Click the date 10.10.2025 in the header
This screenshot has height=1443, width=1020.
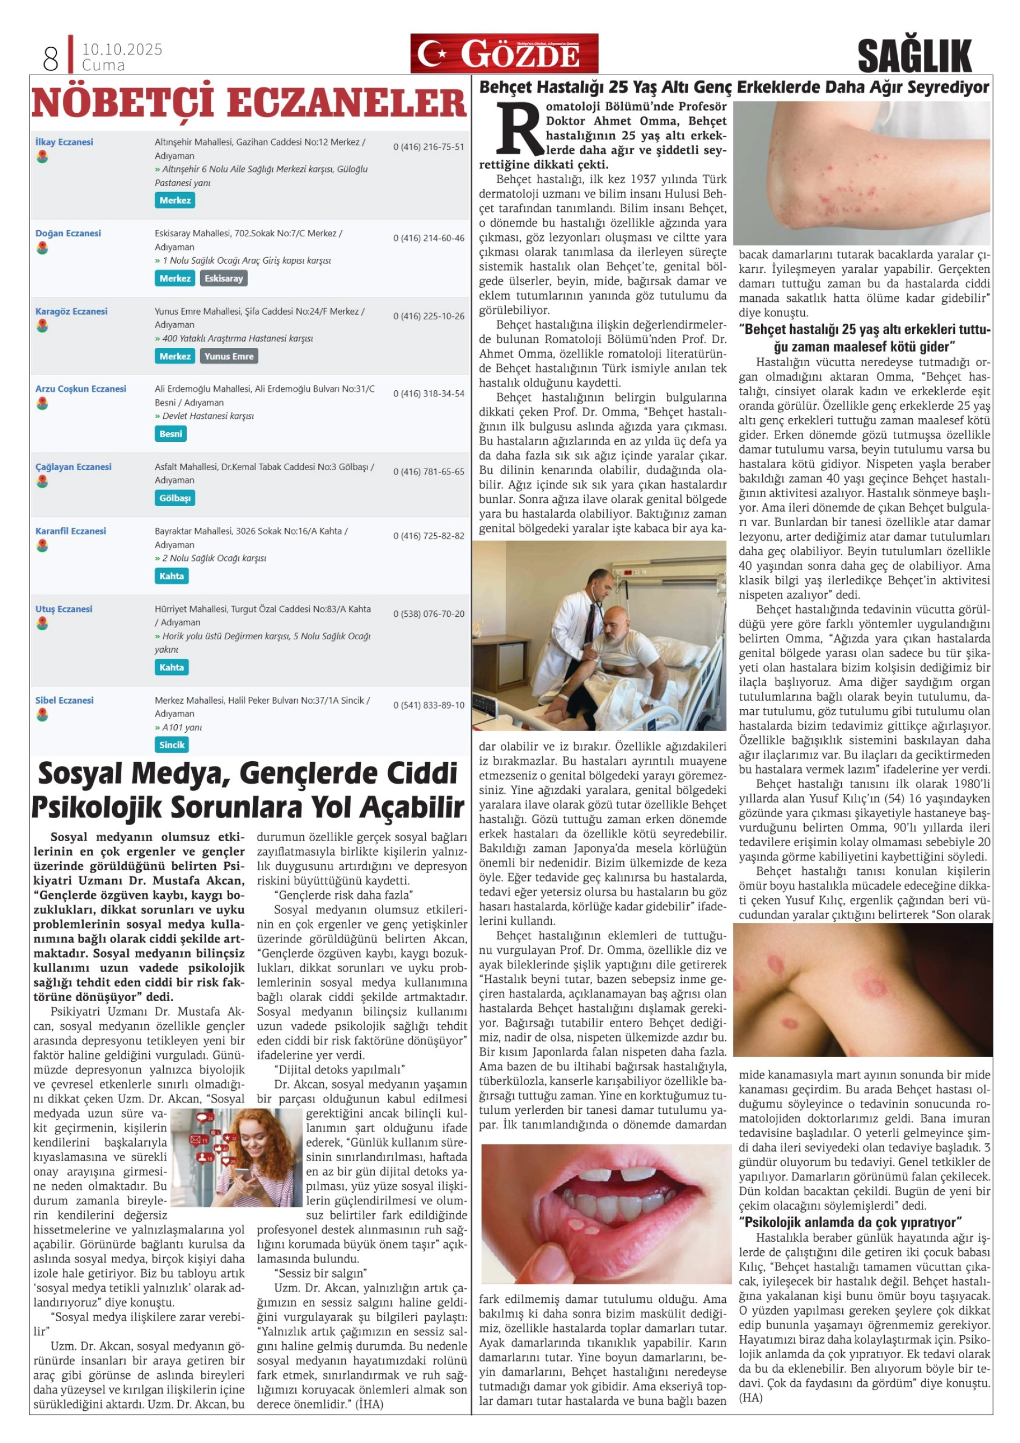(x=122, y=49)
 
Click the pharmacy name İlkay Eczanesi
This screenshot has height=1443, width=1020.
(x=64, y=142)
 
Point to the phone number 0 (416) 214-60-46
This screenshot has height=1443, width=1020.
(x=428, y=238)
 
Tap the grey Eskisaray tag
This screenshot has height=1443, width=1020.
(x=223, y=279)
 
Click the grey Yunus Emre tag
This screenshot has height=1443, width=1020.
(x=229, y=356)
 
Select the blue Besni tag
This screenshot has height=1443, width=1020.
(x=171, y=434)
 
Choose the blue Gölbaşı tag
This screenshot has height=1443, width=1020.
(x=174, y=498)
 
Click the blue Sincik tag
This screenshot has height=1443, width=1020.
(x=172, y=745)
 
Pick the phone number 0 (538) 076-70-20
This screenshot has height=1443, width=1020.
(x=428, y=614)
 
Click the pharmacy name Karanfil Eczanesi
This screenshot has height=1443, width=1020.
(x=70, y=531)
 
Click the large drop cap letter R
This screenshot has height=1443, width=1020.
(x=519, y=129)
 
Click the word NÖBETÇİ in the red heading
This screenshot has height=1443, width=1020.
(x=122, y=104)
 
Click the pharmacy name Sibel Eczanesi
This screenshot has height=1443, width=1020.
(x=64, y=700)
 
